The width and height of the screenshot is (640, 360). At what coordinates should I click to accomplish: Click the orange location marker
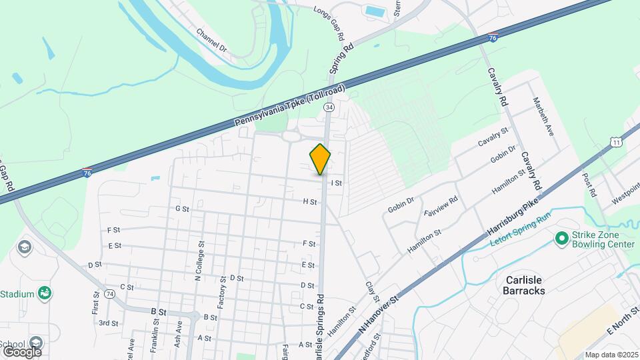320,159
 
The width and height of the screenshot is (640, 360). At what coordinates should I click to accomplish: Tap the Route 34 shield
329,107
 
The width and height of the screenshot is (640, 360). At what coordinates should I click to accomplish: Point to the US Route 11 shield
616,142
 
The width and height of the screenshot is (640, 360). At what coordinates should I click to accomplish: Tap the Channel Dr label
211,40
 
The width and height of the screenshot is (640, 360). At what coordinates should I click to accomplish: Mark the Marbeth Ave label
543,116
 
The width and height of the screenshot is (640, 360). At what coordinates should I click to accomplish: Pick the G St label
182,209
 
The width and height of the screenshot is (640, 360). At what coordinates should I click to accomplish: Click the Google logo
22,351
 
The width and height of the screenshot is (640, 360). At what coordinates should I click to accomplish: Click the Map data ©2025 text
610,355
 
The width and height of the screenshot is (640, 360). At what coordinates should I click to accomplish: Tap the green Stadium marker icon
45,293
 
